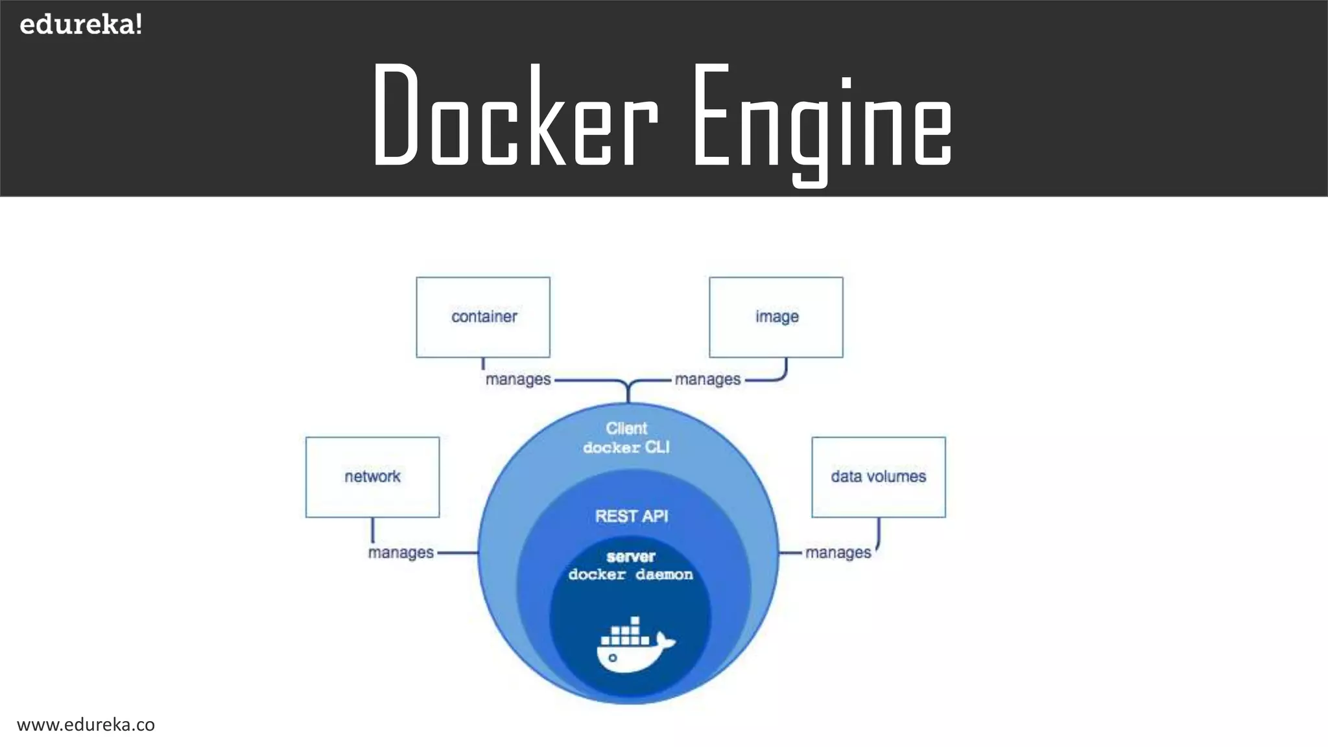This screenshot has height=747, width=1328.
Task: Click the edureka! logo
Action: click(80, 25)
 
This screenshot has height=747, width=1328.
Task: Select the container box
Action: click(483, 317)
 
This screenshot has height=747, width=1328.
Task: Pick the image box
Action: click(776, 317)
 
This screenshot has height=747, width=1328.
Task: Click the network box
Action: click(372, 477)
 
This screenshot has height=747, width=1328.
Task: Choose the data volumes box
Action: click(879, 477)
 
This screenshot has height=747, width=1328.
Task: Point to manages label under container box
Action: click(517, 379)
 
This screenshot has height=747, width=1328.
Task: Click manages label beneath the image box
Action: click(707, 379)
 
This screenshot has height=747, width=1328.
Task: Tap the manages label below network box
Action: click(401, 552)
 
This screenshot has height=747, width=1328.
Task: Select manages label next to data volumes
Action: click(838, 552)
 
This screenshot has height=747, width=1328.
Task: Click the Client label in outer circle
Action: click(626, 429)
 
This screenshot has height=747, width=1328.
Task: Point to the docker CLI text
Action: click(626, 447)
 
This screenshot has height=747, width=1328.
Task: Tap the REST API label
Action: click(632, 516)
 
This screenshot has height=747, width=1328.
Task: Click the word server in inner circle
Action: click(631, 556)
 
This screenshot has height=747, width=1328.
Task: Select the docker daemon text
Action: click(631, 575)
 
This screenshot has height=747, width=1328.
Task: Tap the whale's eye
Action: click(613, 658)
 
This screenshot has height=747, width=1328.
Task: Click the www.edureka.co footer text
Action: click(86, 725)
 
